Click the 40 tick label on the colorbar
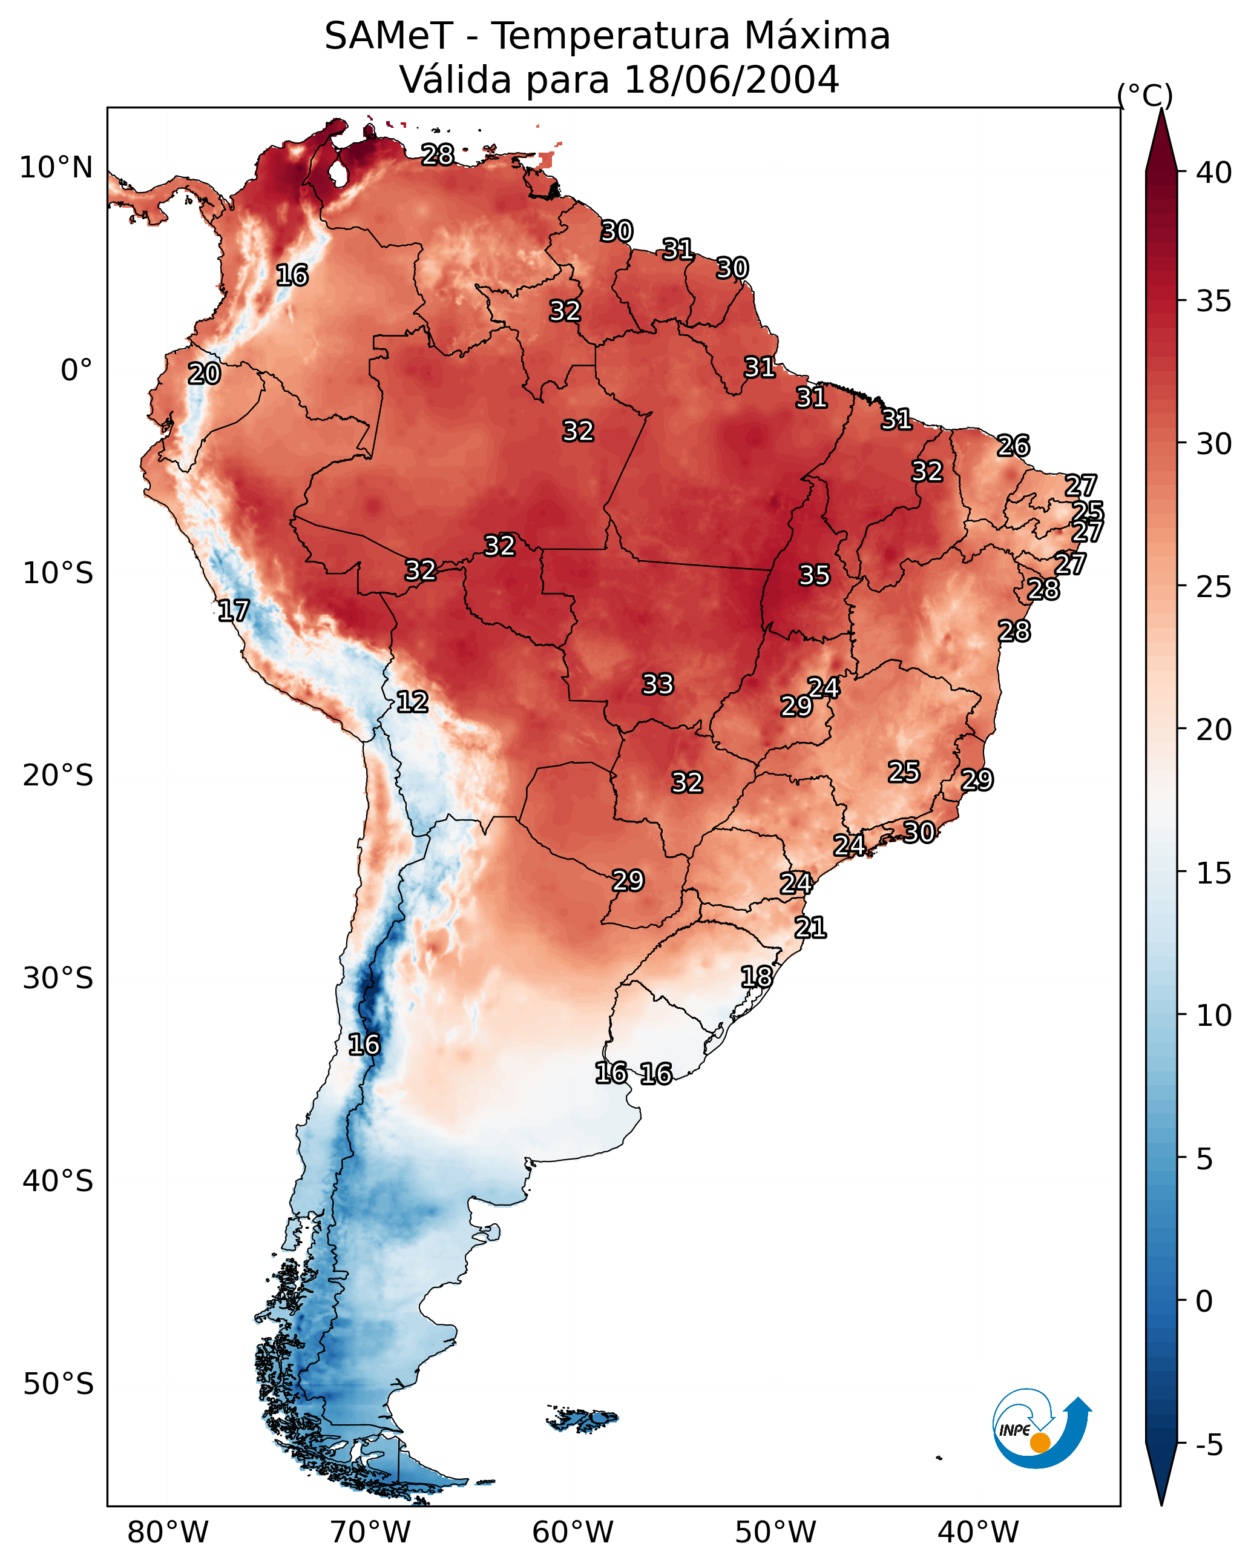pos(1214,173)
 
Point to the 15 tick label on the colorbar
pos(1214,873)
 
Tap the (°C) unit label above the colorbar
pos(1145,95)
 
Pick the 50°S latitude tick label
pos(58,1384)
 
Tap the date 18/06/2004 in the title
pos(731,79)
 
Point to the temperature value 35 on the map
pos(814,575)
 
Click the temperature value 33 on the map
pos(658,684)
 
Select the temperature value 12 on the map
pos(412,702)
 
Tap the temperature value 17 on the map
pos(233,611)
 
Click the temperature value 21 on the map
pos(810,928)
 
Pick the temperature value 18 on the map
pos(757,977)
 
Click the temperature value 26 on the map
pos(1014,445)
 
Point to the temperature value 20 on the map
pos(204,374)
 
